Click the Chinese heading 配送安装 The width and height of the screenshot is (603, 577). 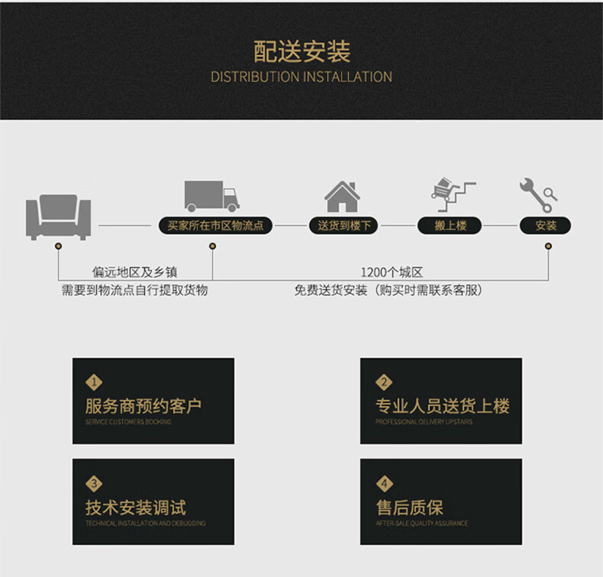click(x=301, y=52)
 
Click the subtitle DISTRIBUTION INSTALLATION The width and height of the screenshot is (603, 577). click(x=301, y=77)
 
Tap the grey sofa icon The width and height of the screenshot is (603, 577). click(x=58, y=215)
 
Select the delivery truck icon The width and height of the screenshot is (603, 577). click(x=211, y=196)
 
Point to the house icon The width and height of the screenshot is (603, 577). click(x=342, y=196)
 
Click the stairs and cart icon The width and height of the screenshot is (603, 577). click(x=451, y=195)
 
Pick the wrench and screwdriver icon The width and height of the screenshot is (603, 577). click(x=538, y=195)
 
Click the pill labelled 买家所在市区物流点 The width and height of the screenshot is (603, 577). click(x=214, y=226)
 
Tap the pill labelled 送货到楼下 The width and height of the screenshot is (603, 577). click(x=343, y=226)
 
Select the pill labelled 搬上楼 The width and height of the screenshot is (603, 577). click(x=450, y=226)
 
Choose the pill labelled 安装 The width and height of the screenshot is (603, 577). click(x=546, y=226)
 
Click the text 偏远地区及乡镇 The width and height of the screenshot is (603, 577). click(x=135, y=272)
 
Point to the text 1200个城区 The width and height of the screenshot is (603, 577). click(x=392, y=272)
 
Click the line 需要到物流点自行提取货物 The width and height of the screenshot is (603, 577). click(x=135, y=291)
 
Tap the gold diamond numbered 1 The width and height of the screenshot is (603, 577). click(x=94, y=382)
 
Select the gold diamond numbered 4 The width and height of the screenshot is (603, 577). click(x=384, y=483)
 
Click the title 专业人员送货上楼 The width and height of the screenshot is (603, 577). click(x=442, y=406)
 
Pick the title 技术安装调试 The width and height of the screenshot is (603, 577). click(x=136, y=508)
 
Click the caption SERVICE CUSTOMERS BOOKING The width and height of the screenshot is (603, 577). click(x=128, y=422)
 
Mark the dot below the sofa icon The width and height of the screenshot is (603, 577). click(x=59, y=246)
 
